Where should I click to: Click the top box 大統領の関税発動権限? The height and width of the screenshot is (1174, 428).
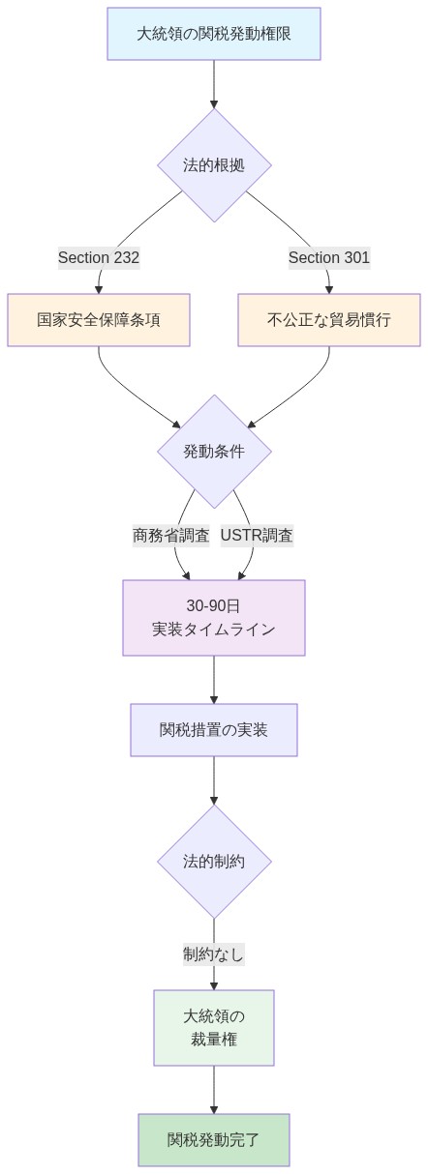point(213,34)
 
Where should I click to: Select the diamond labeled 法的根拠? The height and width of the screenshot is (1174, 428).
point(214,165)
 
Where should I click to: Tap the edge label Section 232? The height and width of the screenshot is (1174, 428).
point(99,257)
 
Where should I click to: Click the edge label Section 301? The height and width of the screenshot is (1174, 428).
point(329,257)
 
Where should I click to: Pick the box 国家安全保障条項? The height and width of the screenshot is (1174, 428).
point(99,320)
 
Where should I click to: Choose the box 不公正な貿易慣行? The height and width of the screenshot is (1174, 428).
point(329,320)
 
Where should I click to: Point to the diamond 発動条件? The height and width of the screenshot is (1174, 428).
point(214,452)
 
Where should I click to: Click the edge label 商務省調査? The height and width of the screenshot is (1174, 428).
point(170,535)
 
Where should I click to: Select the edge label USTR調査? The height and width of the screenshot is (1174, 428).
point(257,535)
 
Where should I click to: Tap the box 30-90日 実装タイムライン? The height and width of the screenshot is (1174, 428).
point(214,618)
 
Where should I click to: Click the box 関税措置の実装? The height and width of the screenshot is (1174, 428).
point(214,730)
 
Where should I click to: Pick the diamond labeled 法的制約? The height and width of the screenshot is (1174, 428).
point(214,862)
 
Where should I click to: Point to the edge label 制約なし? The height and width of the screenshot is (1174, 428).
point(214,954)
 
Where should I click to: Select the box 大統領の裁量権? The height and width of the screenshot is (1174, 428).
point(214,1028)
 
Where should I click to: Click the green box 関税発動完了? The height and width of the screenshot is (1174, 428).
point(214,1140)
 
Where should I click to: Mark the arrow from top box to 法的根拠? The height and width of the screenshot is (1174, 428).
point(214,85)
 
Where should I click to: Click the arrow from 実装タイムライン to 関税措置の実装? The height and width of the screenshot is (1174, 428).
point(214,680)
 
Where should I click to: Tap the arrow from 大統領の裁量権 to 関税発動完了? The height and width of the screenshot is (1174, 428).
point(214,1090)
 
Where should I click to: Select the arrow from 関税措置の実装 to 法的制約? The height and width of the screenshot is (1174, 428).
point(214,780)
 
